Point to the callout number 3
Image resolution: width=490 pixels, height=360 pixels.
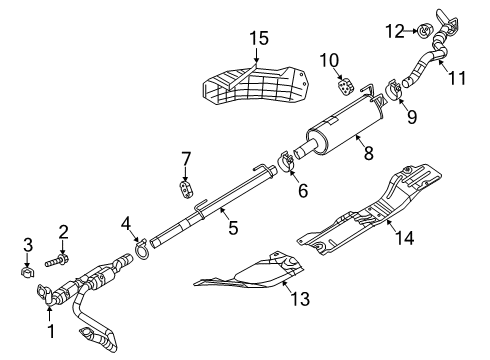(x=28, y=244)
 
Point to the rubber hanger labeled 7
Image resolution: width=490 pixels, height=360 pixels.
(x=185, y=187)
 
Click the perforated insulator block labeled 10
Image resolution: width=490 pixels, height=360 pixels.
(x=342, y=87)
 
